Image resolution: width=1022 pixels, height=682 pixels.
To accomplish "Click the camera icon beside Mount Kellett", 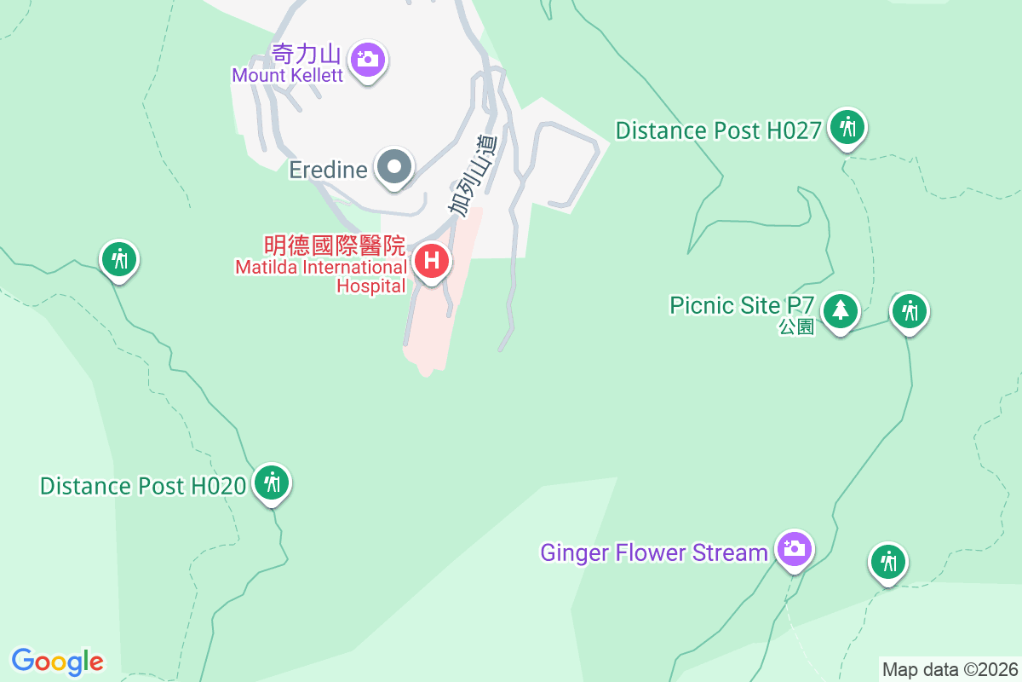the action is [368, 59].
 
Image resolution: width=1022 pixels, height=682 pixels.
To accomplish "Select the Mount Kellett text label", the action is [288, 75].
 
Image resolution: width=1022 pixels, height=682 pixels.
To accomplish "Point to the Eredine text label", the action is [328, 170].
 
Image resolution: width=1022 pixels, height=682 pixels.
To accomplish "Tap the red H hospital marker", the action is [432, 260].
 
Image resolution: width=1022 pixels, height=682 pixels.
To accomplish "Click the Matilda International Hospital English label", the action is [321, 277].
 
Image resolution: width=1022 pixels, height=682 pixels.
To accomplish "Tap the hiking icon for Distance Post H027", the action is [847, 127].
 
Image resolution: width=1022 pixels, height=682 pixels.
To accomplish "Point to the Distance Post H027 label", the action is [718, 130].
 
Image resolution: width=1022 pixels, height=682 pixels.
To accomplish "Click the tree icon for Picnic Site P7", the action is [841, 309].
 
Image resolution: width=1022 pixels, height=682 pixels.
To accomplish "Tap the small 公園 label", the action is [796, 327].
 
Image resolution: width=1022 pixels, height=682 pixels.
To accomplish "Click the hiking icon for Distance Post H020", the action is [272, 483].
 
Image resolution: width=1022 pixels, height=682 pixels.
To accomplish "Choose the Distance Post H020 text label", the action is [143, 486].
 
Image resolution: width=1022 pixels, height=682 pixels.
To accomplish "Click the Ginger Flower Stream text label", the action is [654, 552].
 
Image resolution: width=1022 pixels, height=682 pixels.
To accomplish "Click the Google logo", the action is [58, 661].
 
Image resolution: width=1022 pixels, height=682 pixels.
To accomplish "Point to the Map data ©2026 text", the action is [950, 669].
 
